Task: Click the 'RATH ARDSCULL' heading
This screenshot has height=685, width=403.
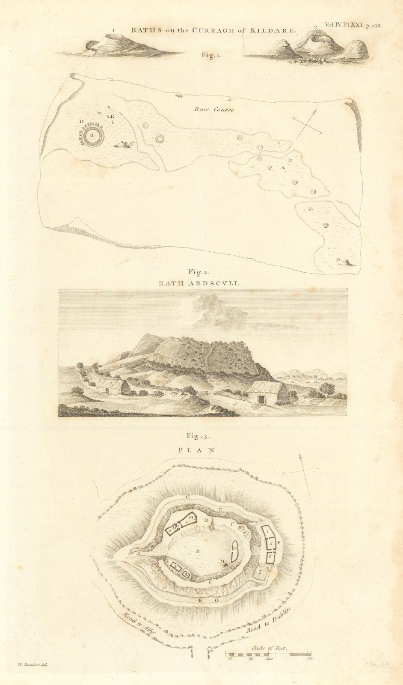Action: pos(201,283)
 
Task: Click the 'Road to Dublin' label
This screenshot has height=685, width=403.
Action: pos(269,621)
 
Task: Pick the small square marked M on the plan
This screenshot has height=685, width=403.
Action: pos(225,565)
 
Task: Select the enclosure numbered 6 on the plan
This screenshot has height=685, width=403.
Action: pos(270,557)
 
